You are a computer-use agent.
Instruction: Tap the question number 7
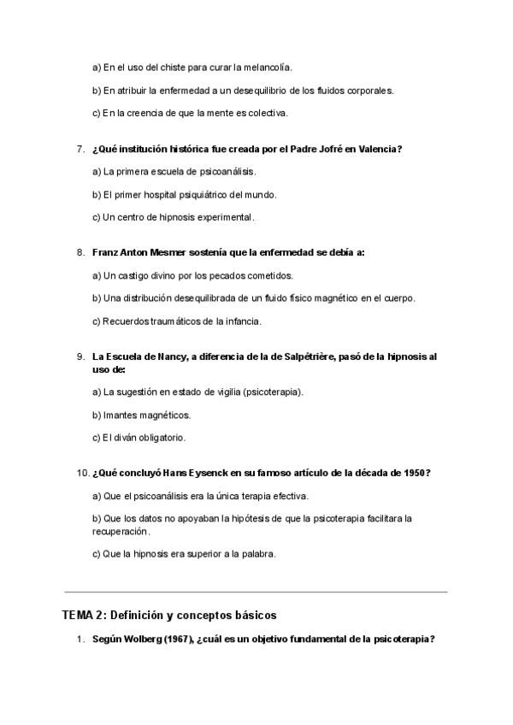[x=80, y=149]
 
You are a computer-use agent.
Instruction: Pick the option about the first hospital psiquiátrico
[x=184, y=194]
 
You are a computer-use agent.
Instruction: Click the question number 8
[x=80, y=252]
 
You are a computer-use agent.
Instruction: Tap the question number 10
[x=82, y=473]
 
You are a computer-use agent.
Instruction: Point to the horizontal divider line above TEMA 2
[x=256, y=591]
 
